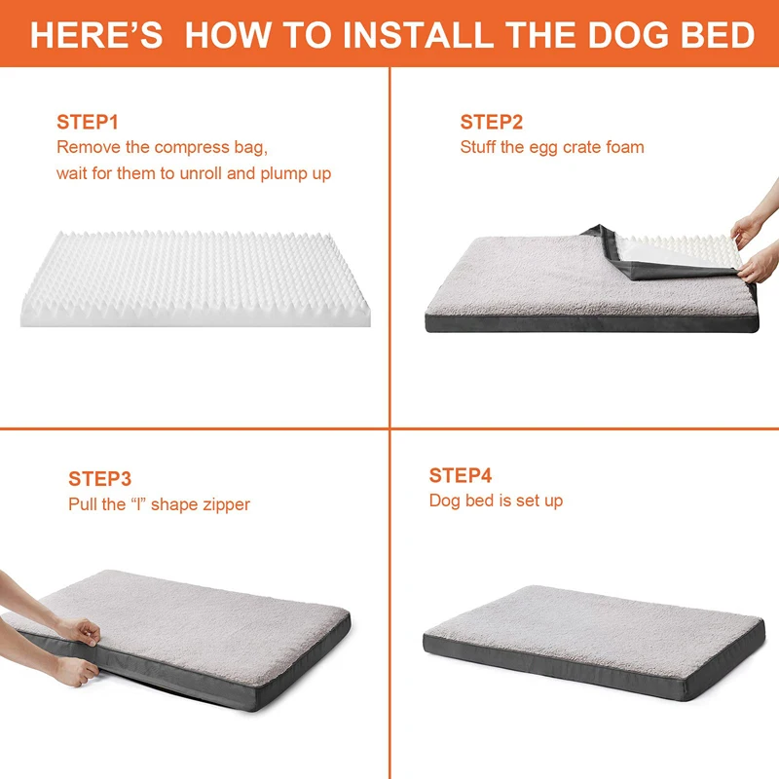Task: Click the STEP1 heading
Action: pyautogui.click(x=88, y=123)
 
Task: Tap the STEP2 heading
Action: pyautogui.click(x=492, y=123)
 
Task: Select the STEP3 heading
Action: pyautogui.click(x=100, y=479)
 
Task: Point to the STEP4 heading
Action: pyautogui.click(x=461, y=475)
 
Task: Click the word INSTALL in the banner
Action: pyautogui.click(x=418, y=35)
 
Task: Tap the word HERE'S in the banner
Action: pyautogui.click(x=96, y=35)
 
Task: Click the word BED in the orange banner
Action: pyautogui.click(x=718, y=35)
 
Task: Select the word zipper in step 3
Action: pyautogui.click(x=227, y=505)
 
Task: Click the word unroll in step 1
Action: pyautogui.click(x=201, y=173)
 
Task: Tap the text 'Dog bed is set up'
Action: pyautogui.click(x=496, y=501)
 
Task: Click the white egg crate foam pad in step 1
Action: pyautogui.click(x=196, y=279)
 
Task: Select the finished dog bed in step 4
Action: pyautogui.click(x=594, y=643)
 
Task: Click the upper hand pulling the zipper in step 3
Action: pyautogui.click(x=80, y=632)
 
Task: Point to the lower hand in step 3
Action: pyautogui.click(x=76, y=671)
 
